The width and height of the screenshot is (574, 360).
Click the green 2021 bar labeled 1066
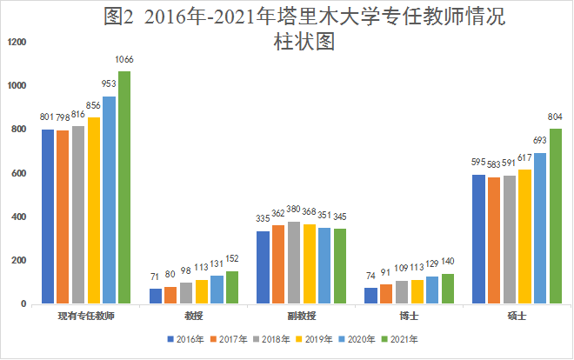click(x=124, y=187)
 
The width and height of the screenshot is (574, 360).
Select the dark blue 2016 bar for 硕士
click(x=478, y=239)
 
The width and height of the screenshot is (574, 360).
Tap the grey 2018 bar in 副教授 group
click(x=294, y=263)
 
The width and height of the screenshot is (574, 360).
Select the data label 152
click(x=231, y=259)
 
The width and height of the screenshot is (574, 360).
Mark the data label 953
click(x=109, y=84)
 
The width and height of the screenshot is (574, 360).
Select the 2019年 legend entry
click(x=317, y=338)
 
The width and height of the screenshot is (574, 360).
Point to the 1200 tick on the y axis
click(x=16, y=43)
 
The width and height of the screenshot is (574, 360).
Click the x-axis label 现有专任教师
click(x=85, y=317)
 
